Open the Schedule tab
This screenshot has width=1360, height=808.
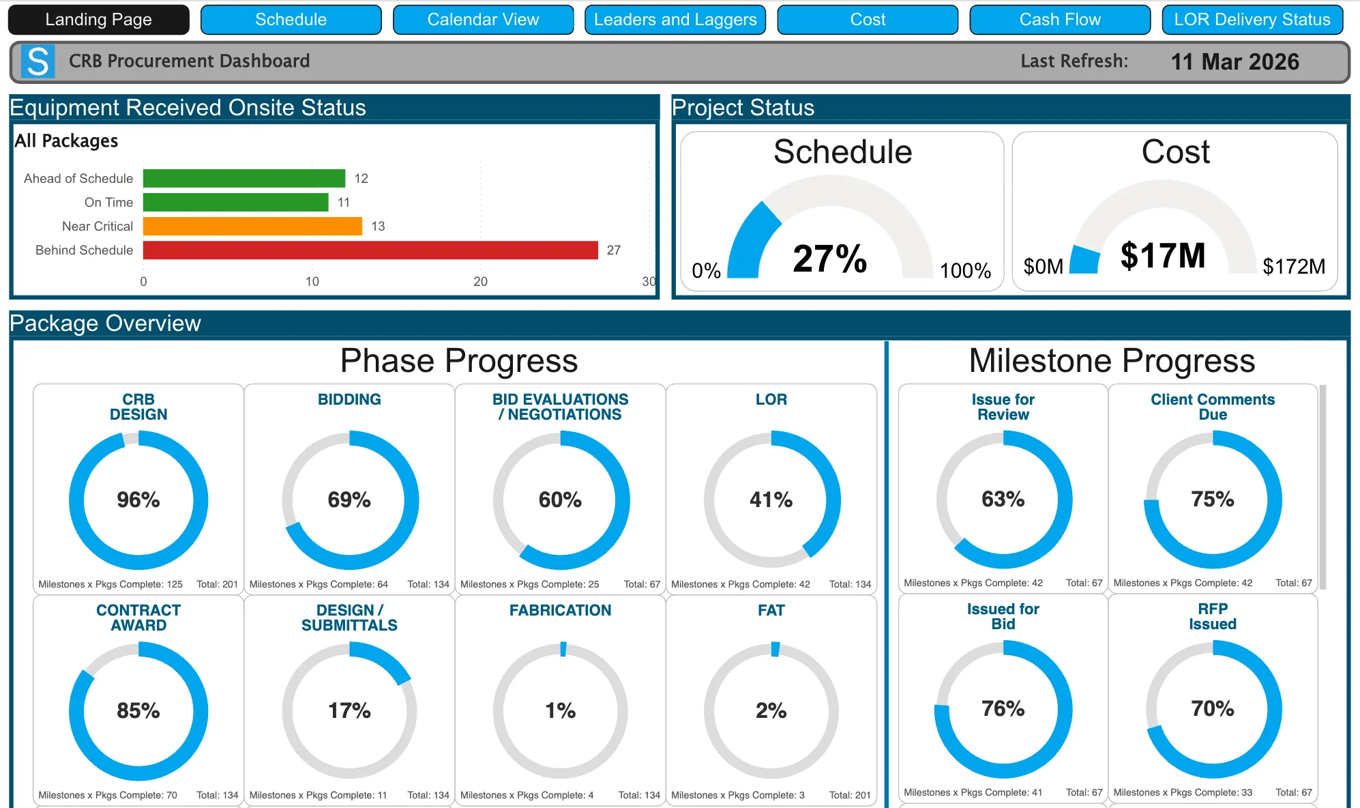click(291, 20)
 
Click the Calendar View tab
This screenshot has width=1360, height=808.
click(483, 20)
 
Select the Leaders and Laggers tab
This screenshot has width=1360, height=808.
click(675, 20)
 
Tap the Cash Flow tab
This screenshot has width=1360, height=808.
click(1060, 20)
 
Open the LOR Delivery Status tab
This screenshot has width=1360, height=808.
click(1252, 20)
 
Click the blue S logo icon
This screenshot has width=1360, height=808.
click(38, 61)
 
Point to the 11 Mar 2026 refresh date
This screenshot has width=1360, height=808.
click(1235, 62)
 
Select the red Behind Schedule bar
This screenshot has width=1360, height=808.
click(370, 250)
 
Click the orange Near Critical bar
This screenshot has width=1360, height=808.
click(252, 227)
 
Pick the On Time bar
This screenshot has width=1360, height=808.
click(235, 203)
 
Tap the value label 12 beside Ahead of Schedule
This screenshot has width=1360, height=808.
click(361, 179)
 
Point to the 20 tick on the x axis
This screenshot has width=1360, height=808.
click(480, 282)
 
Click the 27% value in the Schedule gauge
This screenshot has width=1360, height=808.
click(829, 259)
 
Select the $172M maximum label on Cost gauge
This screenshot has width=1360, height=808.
click(1293, 267)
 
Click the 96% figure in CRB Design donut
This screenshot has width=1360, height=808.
click(138, 500)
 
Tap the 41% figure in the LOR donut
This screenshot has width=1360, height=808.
click(771, 500)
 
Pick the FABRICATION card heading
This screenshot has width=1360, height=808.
click(560, 611)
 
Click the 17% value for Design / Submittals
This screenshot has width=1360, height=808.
click(349, 711)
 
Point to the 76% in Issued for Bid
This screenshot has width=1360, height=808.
click(1003, 709)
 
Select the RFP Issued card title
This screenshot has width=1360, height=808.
click(1212, 616)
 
